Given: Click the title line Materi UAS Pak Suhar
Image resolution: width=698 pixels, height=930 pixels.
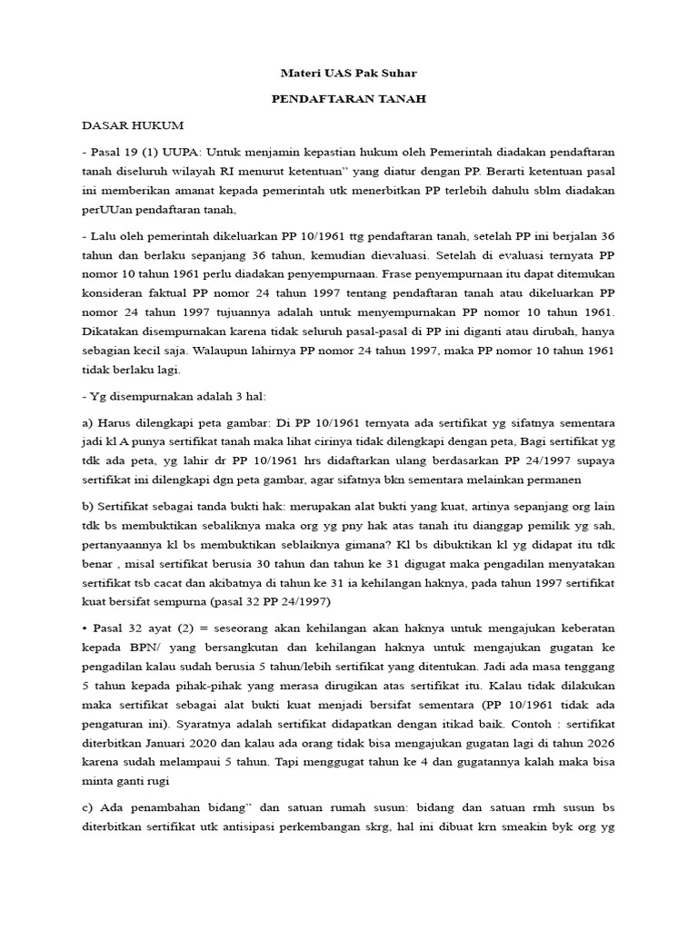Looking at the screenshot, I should point(349,73).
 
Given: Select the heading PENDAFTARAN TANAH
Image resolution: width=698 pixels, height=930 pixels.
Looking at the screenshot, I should point(349,99).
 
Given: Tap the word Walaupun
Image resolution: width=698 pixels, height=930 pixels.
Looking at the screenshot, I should point(242,351).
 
